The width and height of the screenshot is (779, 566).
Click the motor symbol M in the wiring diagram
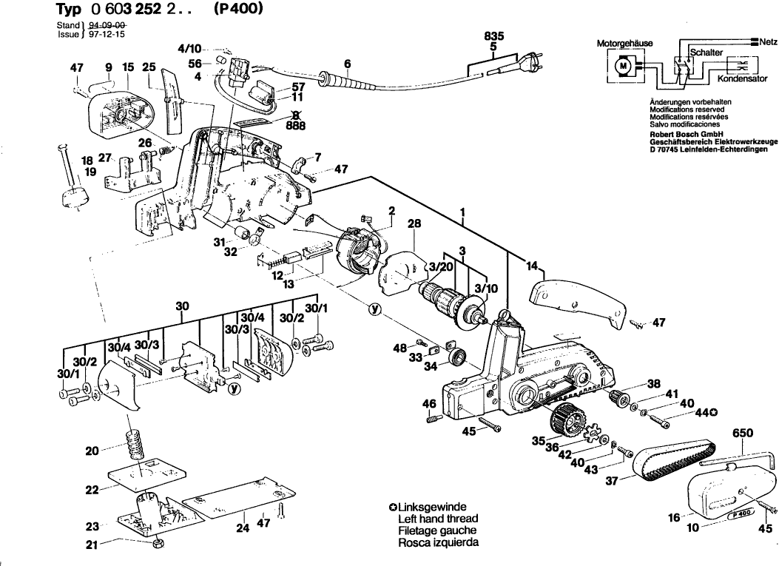623,67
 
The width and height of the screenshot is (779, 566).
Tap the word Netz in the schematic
767,42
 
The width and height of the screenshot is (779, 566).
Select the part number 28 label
414,223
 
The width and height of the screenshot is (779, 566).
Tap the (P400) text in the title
238,11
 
